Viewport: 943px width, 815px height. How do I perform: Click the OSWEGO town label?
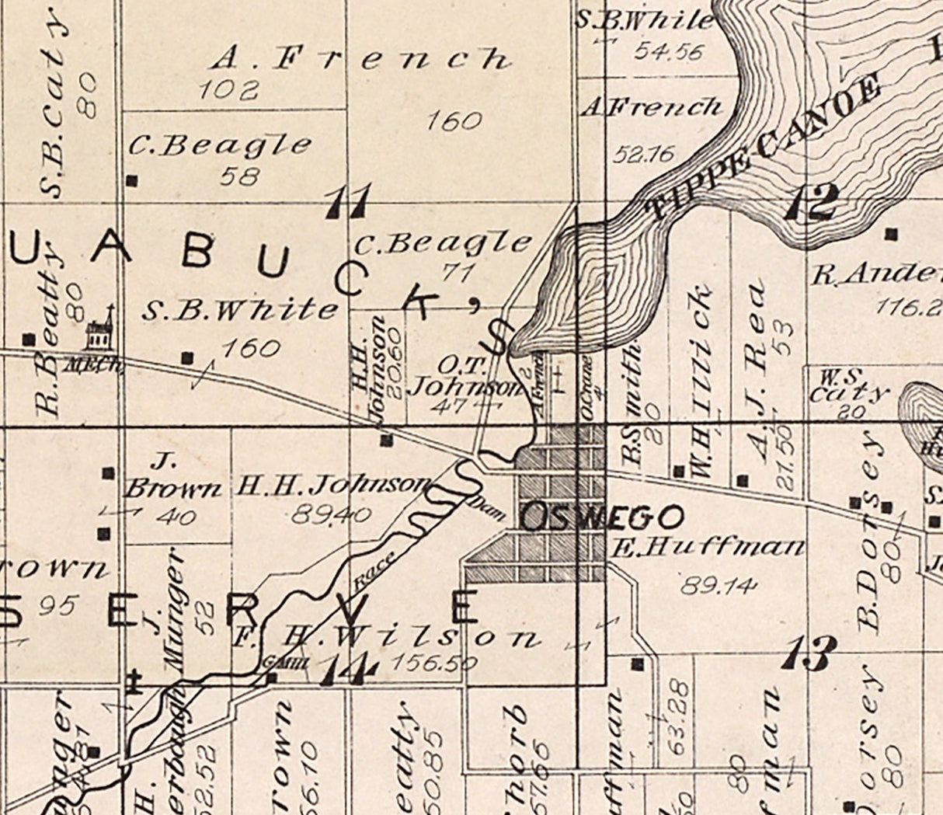point(603,517)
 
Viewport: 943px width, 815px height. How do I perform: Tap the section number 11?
point(348,202)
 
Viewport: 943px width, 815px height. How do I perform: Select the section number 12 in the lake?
point(811,202)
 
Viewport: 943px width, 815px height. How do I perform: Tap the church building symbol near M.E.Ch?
point(99,332)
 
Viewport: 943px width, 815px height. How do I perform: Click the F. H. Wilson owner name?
point(385,638)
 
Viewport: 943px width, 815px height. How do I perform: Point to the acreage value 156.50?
point(433,663)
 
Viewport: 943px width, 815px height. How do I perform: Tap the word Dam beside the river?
point(487,504)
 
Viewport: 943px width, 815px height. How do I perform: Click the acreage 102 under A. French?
point(227,91)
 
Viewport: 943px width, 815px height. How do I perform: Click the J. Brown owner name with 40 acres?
point(172,478)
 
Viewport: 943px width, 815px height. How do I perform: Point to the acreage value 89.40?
point(332,514)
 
